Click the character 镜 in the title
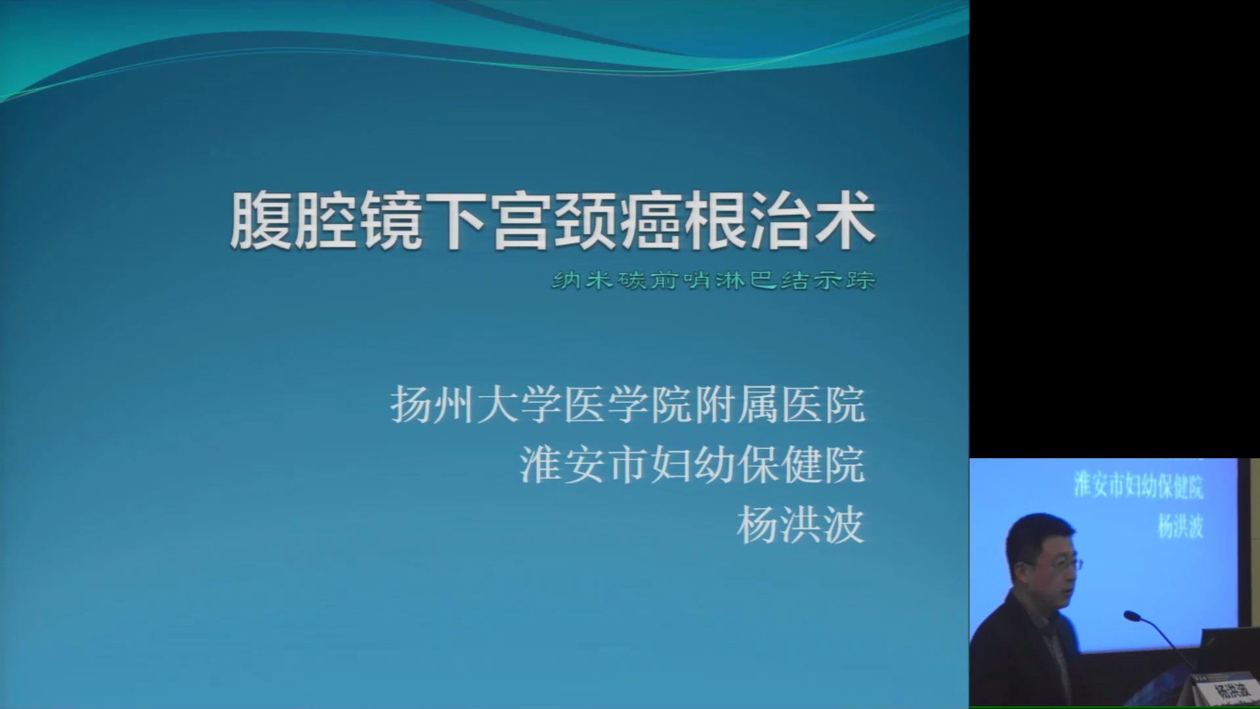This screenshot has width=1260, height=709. click(390, 221)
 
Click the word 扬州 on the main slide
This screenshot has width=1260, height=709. click(432, 405)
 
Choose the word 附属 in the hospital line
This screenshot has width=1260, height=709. click(736, 405)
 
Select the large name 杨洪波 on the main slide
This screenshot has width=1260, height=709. click(801, 525)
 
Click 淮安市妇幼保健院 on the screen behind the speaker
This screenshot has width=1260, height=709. click(1139, 486)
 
